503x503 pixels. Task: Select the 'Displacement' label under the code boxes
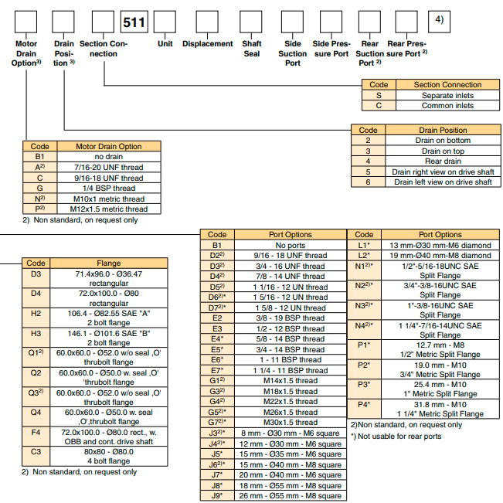point(207,44)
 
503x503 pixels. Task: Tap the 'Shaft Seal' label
point(252,49)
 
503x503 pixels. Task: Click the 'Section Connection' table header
point(447,85)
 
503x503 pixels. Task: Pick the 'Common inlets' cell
point(447,105)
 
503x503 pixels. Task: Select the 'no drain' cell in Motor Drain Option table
point(108,156)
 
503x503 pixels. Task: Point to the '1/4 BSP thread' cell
point(108,188)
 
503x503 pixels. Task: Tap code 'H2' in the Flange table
point(36,314)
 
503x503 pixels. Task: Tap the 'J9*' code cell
point(217,495)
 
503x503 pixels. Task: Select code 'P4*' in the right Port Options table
point(363,404)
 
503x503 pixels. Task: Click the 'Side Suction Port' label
point(293,53)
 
